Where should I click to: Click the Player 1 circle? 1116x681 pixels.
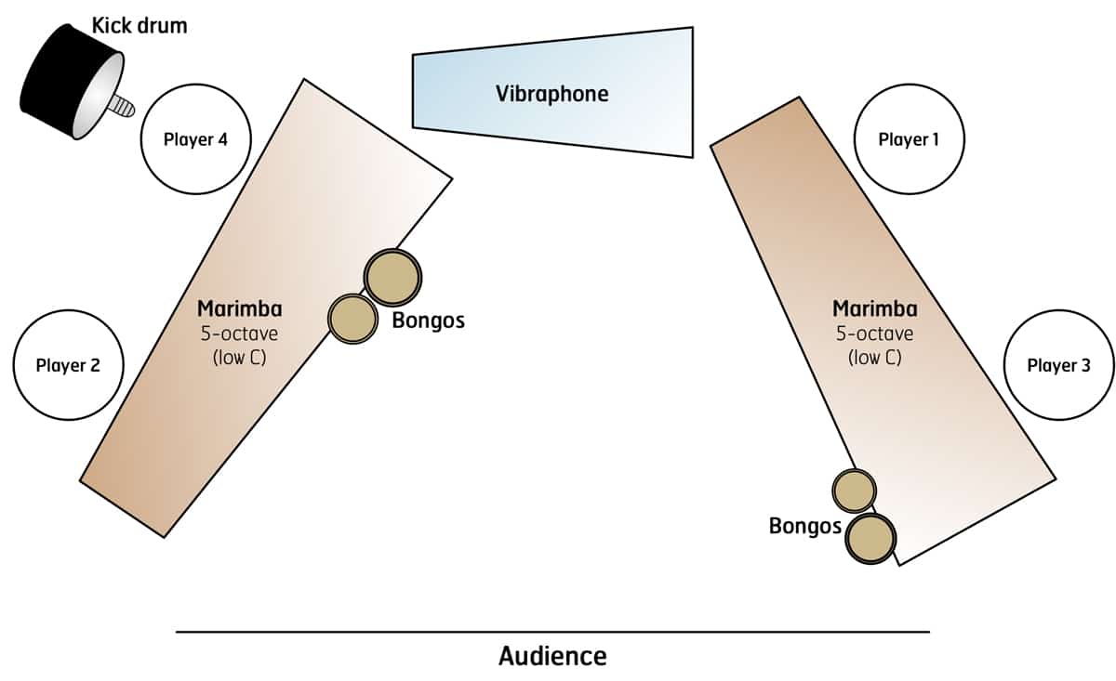pos(909,140)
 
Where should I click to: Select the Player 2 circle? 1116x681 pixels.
pos(68,365)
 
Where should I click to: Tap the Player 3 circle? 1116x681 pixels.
pos(1059,365)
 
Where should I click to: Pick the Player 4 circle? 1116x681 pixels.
pos(195,140)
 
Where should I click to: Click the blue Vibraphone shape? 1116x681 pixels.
pos(552,93)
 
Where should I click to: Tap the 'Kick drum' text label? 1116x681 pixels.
pos(139,25)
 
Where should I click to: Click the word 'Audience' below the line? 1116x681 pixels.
pos(552,656)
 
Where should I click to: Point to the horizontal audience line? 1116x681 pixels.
pos(552,632)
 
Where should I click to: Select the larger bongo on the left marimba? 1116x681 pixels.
pos(392,277)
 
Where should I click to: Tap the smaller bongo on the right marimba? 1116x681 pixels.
pos(854,491)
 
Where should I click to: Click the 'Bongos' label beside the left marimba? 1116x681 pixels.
pos(428,321)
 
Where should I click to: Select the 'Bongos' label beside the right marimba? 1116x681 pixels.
pos(804,527)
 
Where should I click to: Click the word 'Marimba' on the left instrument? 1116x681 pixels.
pos(239,308)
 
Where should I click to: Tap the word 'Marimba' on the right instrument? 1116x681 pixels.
pos(874,308)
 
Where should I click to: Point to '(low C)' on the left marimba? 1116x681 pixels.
pos(239,356)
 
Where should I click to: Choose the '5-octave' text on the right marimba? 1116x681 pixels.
pos(874,333)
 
